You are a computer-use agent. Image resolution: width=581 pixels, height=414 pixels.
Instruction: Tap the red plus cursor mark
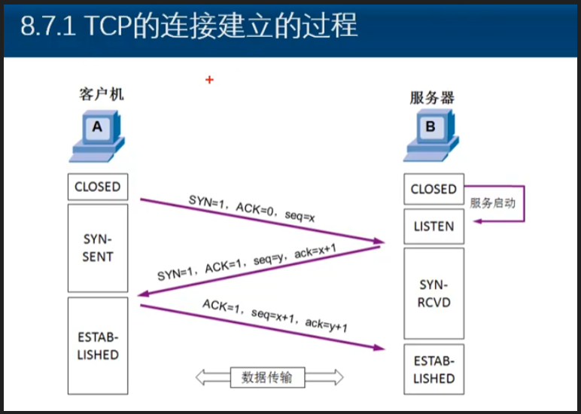pyautogui.click(x=209, y=79)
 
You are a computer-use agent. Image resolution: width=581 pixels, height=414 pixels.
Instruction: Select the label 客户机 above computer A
pyautogui.click(x=101, y=94)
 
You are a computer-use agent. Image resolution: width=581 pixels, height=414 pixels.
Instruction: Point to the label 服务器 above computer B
pyautogui.click(x=432, y=97)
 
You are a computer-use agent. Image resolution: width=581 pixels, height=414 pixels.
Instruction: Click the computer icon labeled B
pyautogui.click(x=430, y=135)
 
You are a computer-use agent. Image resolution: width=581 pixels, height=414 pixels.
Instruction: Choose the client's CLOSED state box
pyautogui.click(x=97, y=187)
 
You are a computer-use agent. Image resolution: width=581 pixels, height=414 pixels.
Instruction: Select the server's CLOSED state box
pyautogui.click(x=433, y=189)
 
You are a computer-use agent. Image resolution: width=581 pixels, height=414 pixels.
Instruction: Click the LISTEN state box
pyautogui.click(x=433, y=226)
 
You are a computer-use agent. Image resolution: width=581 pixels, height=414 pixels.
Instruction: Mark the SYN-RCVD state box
pyautogui.click(x=433, y=294)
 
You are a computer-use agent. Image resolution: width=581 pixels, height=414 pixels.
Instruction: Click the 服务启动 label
pyautogui.click(x=493, y=203)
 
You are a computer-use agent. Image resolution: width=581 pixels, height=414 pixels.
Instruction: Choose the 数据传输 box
pyautogui.click(x=267, y=377)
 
